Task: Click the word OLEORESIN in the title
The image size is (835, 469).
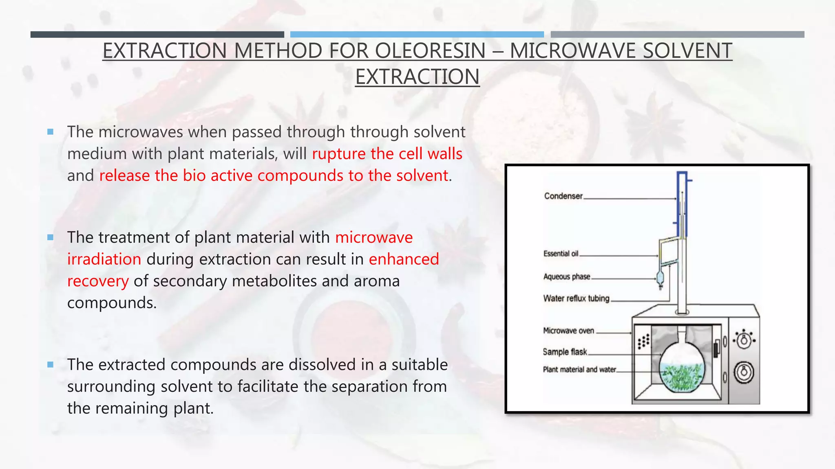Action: (x=430, y=51)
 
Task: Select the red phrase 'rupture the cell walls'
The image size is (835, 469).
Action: (x=387, y=154)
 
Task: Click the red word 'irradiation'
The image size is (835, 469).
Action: (x=104, y=259)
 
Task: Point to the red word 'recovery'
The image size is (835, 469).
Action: (x=98, y=281)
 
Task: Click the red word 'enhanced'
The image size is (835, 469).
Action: (x=404, y=259)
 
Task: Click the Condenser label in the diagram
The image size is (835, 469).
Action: (x=563, y=196)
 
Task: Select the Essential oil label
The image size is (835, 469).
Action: (x=561, y=254)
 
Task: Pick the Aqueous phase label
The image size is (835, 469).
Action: (x=566, y=277)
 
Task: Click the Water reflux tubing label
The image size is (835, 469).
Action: (x=576, y=298)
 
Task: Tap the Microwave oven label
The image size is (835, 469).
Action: (x=568, y=331)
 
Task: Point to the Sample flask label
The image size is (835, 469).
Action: (x=565, y=352)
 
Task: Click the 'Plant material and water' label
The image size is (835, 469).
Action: (x=579, y=370)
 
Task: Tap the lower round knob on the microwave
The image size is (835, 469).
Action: (x=744, y=373)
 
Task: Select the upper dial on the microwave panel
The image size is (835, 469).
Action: (x=744, y=339)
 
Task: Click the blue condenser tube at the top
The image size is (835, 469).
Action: (x=682, y=204)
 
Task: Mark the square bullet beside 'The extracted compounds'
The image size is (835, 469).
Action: (x=51, y=365)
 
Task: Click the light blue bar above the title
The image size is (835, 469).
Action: (x=417, y=35)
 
